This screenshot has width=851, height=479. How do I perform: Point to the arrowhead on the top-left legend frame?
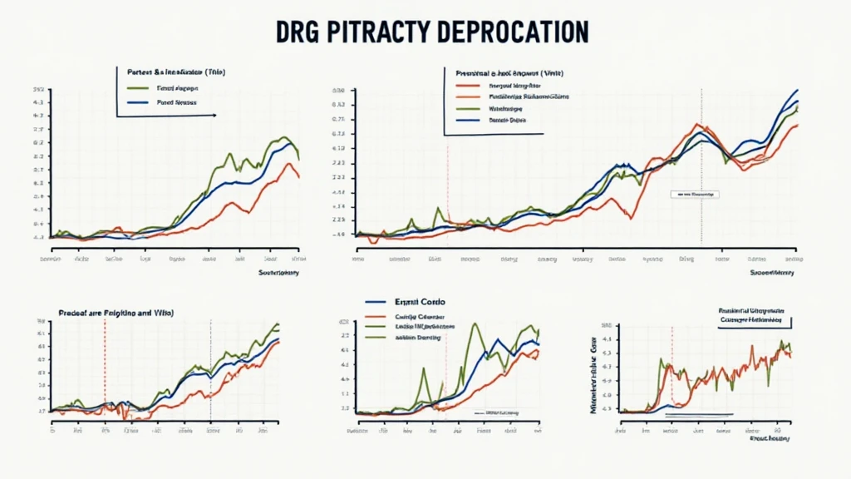[x=214, y=115]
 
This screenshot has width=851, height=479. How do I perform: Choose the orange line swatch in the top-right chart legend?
[x=468, y=96]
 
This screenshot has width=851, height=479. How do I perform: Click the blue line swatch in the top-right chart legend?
[x=468, y=120]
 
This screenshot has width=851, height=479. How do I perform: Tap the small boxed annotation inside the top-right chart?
[x=694, y=193]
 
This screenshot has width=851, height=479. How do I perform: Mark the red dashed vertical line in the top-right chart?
[x=448, y=191]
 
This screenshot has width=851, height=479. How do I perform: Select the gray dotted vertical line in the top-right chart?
[x=701, y=166]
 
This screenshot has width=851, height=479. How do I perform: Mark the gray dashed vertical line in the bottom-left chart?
[x=210, y=370]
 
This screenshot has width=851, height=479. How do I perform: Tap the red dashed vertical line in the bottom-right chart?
[x=671, y=366]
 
